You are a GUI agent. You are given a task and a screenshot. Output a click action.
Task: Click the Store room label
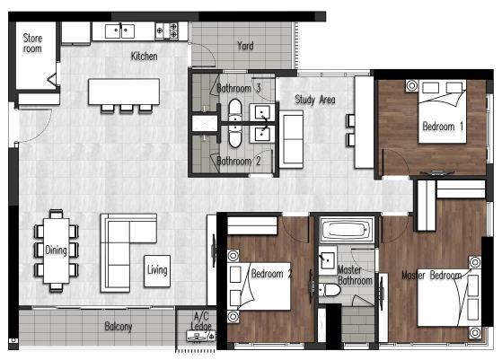[x=32, y=43]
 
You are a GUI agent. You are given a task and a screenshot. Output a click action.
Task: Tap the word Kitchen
[x=144, y=57]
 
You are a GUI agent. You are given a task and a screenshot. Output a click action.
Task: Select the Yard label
[x=245, y=46]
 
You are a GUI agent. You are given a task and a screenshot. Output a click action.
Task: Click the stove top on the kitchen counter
[x=166, y=31]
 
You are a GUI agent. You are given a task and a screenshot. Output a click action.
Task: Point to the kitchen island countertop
[x=124, y=92]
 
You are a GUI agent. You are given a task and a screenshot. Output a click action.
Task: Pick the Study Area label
[x=315, y=100]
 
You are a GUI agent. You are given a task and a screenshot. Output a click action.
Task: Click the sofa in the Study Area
[x=291, y=139]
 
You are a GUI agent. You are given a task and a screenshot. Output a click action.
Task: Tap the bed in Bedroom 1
[x=442, y=111]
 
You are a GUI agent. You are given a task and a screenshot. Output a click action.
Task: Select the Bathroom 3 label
[x=239, y=88]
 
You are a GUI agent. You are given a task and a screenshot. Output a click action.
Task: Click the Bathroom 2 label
[x=239, y=161]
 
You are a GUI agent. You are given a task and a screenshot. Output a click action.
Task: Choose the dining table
[x=57, y=250]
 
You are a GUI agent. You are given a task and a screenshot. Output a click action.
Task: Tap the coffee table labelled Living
[x=157, y=271]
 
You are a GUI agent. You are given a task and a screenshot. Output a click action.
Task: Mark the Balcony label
[x=119, y=327]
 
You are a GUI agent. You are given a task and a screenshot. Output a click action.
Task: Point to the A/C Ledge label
[x=201, y=321]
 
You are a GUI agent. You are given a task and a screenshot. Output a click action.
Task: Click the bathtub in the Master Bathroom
[x=347, y=230]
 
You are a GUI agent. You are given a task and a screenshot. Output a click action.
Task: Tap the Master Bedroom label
[x=432, y=276]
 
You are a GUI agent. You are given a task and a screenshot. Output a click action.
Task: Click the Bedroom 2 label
[x=271, y=274]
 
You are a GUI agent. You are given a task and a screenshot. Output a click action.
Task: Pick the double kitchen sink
[x=119, y=31]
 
